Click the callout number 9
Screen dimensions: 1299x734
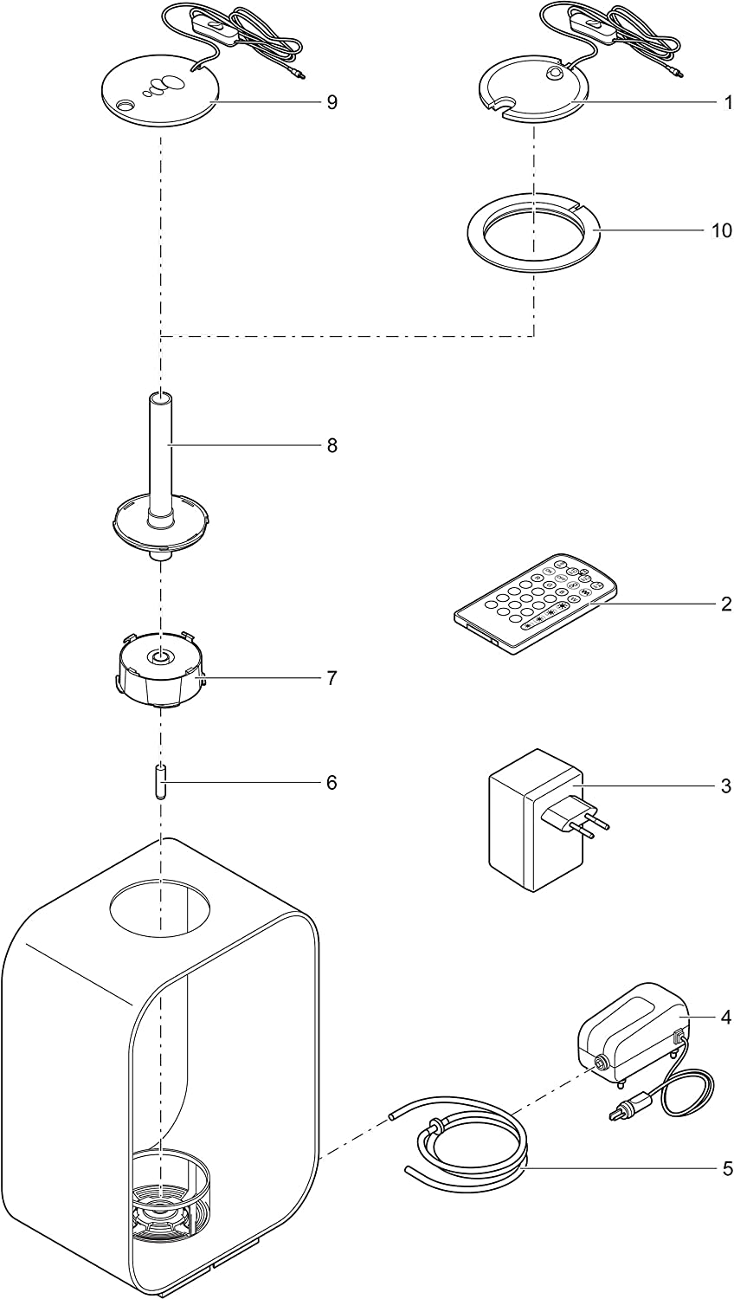[x=332, y=102]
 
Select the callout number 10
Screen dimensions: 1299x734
[x=720, y=231]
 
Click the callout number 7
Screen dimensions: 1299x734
[x=332, y=677]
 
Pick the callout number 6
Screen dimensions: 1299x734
[x=332, y=783]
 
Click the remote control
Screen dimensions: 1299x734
[x=535, y=604]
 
